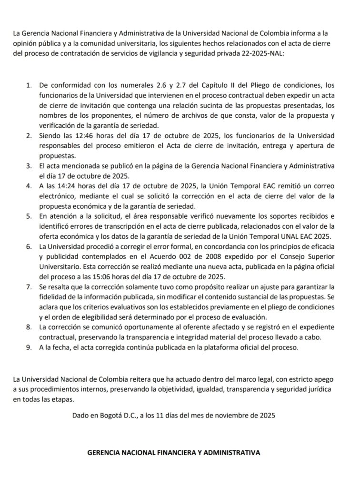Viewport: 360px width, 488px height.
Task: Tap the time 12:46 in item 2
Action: (x=77, y=136)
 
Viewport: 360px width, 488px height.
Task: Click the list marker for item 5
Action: (x=30, y=216)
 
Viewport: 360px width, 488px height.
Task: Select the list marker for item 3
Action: (x=30, y=166)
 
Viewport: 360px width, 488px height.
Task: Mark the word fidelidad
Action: (x=58, y=296)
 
